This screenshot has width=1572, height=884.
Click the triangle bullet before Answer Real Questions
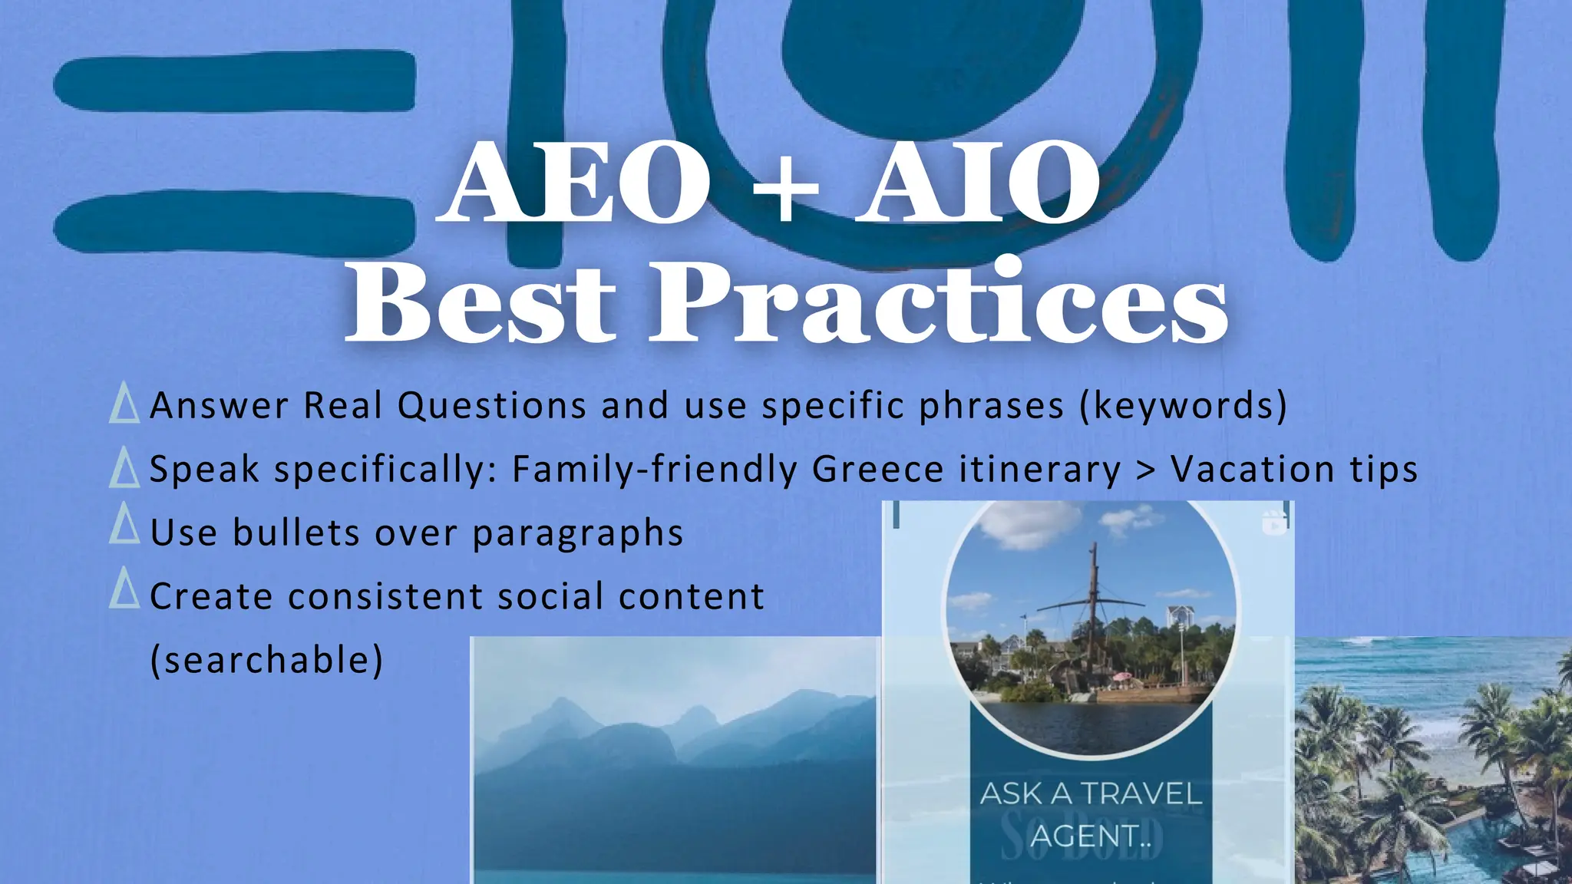[124, 404]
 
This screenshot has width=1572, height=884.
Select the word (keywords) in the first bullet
[1183, 405]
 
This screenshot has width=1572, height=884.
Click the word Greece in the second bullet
[877, 469]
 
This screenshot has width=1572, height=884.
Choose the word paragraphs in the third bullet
[577, 533]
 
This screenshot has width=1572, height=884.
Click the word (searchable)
[266, 660]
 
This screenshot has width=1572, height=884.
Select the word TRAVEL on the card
[1141, 794]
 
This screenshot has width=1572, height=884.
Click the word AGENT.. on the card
[1091, 836]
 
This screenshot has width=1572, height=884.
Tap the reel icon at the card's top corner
[1275, 523]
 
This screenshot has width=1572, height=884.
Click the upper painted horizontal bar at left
[234, 81]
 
